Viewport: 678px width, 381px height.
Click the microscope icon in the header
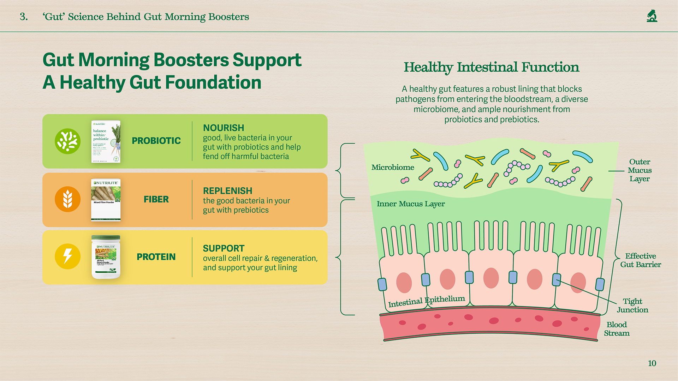click(652, 16)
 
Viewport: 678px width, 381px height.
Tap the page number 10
click(652, 363)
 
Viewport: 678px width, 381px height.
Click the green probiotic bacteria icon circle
click(67, 141)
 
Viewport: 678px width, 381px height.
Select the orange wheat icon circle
click(67, 199)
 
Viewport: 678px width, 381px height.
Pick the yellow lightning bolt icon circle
click(67, 256)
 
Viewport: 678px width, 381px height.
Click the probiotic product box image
click(106, 141)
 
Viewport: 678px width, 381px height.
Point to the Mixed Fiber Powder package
click(106, 200)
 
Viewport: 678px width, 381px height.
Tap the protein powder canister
click(106, 257)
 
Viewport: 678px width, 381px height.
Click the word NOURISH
click(224, 128)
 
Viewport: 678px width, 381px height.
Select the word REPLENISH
click(227, 191)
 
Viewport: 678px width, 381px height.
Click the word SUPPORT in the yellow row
click(224, 248)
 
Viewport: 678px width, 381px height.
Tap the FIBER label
click(156, 199)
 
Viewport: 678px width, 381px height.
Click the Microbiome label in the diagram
click(393, 168)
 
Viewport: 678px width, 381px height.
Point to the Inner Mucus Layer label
click(411, 204)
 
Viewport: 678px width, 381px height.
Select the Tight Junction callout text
click(632, 306)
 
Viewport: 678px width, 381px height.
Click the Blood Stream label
click(617, 329)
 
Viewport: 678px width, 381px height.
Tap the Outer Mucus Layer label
click(640, 170)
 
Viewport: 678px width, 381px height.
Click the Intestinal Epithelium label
click(427, 301)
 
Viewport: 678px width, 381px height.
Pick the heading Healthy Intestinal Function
click(491, 67)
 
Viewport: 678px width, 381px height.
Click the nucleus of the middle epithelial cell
click(491, 278)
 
